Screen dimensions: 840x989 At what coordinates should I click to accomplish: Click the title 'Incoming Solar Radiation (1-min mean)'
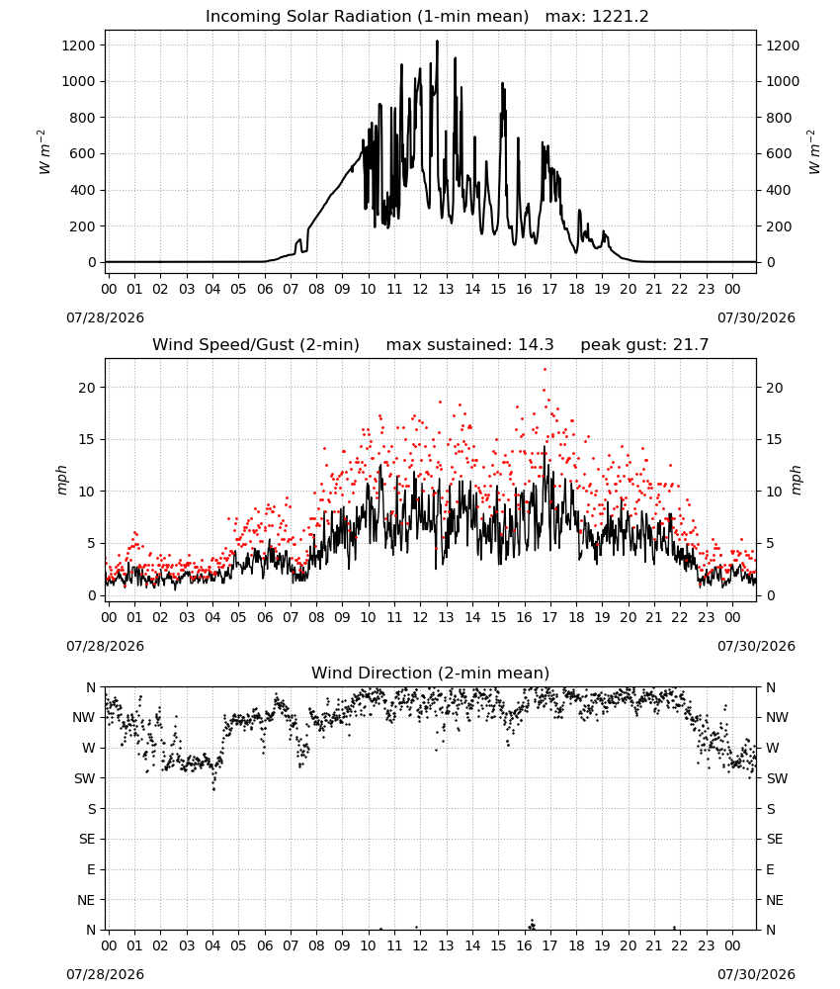(x=367, y=17)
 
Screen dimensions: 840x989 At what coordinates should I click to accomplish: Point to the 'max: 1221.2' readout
(x=597, y=17)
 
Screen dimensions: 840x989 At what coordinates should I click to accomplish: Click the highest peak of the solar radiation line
(x=437, y=42)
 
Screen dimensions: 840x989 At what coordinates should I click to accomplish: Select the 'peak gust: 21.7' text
(x=644, y=345)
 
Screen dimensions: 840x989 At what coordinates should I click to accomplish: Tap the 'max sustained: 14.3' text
(x=469, y=345)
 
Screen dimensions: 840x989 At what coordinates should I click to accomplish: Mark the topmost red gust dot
(x=546, y=370)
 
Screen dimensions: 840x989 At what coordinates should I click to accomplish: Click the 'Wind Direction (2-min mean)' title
(x=431, y=673)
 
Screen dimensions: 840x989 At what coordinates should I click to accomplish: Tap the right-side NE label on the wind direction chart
(x=775, y=900)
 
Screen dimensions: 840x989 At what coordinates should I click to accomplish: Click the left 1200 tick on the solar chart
(x=78, y=45)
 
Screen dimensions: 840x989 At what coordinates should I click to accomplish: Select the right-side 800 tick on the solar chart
(x=779, y=118)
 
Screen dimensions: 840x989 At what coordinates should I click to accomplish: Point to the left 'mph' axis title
(x=61, y=480)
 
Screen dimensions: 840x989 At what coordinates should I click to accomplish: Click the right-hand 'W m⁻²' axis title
(x=813, y=152)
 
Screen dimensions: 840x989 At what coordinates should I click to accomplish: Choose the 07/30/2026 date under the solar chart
(x=756, y=317)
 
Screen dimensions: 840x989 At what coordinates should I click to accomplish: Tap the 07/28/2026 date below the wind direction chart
(x=105, y=974)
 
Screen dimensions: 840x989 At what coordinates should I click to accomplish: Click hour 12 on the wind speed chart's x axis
(x=420, y=617)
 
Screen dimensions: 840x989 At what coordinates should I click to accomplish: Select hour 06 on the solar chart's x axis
(x=265, y=290)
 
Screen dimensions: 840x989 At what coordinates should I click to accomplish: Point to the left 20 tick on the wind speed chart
(x=87, y=388)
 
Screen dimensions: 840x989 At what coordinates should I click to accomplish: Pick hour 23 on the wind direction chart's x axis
(x=706, y=946)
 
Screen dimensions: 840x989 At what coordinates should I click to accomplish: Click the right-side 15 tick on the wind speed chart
(x=774, y=440)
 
